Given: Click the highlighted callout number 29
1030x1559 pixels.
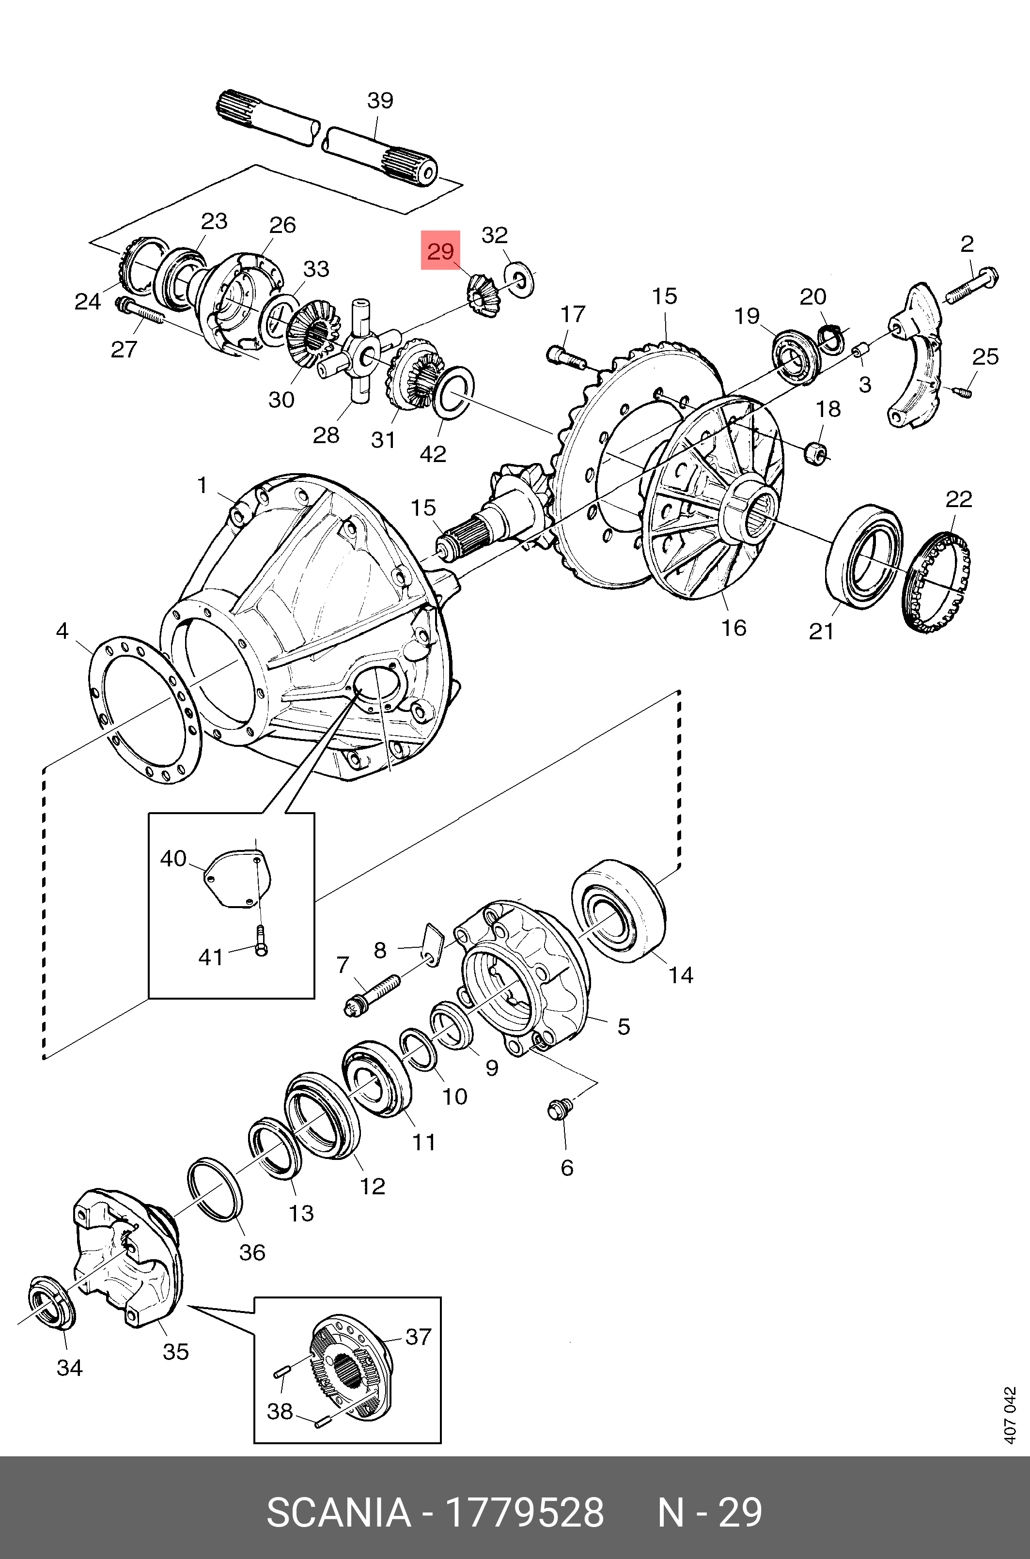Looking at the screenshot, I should point(440,251).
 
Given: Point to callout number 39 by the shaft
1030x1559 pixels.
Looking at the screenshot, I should point(380,100).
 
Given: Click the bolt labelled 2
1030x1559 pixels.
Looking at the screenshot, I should point(971,286).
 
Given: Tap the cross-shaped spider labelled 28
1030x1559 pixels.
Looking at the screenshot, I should point(360,355).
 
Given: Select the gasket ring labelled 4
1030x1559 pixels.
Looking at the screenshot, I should point(144,709).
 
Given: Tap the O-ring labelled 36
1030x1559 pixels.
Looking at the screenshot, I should point(214,1190).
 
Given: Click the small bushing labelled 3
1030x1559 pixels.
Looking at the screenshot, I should point(860,351).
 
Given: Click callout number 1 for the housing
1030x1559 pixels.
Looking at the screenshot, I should point(203,485).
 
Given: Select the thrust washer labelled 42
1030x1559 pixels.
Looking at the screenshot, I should point(453,391).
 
